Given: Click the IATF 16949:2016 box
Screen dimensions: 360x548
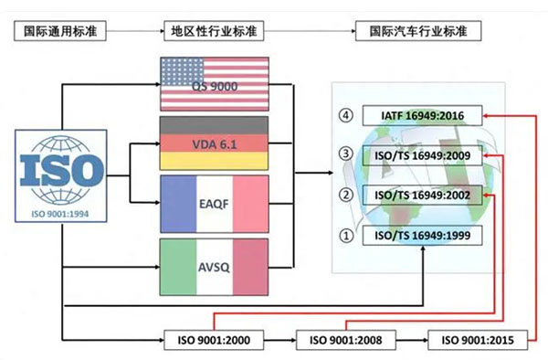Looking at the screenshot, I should click(x=422, y=116).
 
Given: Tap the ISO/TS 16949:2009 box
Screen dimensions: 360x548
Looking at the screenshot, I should click(x=422, y=155).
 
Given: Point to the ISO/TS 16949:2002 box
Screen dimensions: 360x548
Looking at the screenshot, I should click(x=422, y=195).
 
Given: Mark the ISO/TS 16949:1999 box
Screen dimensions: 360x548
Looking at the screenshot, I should click(x=422, y=235).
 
